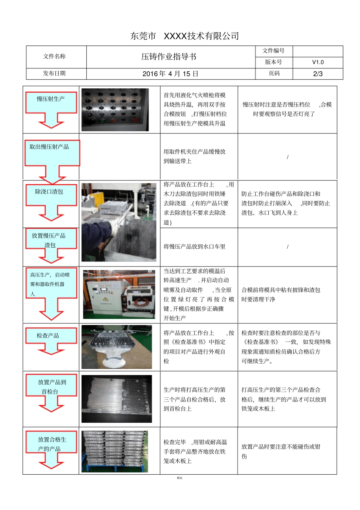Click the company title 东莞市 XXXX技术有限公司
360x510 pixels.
click(185, 36)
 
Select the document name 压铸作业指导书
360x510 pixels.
click(169, 57)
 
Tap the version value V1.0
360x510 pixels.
click(318, 62)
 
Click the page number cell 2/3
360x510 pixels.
click(318, 74)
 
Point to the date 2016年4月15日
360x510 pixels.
click(170, 74)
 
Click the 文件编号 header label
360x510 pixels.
click(274, 51)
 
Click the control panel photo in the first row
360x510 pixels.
click(115, 110)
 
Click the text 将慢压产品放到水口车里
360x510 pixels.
click(194, 246)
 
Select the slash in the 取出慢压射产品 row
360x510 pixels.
click(288, 157)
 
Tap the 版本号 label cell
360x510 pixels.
click(274, 62)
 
